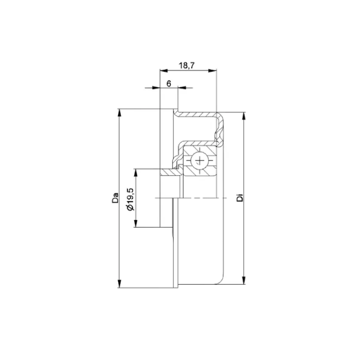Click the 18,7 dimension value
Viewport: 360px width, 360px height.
pyautogui.click(x=187, y=65)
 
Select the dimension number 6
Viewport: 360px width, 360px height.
pyautogui.click(x=169, y=84)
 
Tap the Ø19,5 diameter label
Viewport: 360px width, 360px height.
pyautogui.click(x=130, y=199)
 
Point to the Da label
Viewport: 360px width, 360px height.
pyautogui.click(x=115, y=198)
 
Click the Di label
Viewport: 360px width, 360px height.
pyautogui.click(x=240, y=198)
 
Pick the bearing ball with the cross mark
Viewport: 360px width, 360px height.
pyautogui.click(x=200, y=160)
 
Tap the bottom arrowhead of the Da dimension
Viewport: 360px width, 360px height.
pyautogui.click(x=120, y=284)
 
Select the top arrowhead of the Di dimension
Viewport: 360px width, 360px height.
pyautogui.click(x=244, y=116)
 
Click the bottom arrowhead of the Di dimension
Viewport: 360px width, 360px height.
pyautogui.click(x=244, y=281)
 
